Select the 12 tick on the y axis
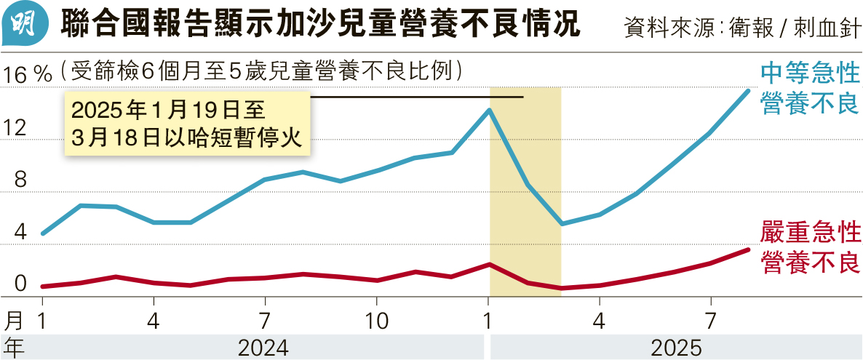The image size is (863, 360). point(16,128)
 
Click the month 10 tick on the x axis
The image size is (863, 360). point(375,321)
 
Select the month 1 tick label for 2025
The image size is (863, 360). point(488,321)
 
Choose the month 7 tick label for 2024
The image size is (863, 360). point(265,321)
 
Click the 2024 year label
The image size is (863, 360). point(263,348)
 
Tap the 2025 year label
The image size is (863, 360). point(676,348)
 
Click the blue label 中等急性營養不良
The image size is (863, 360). point(810,87)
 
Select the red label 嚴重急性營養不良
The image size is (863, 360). point(810,247)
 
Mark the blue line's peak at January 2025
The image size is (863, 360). point(490,110)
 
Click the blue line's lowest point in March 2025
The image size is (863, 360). point(562,223)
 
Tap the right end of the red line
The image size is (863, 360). point(749,249)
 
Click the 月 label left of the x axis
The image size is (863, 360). point(14,321)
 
